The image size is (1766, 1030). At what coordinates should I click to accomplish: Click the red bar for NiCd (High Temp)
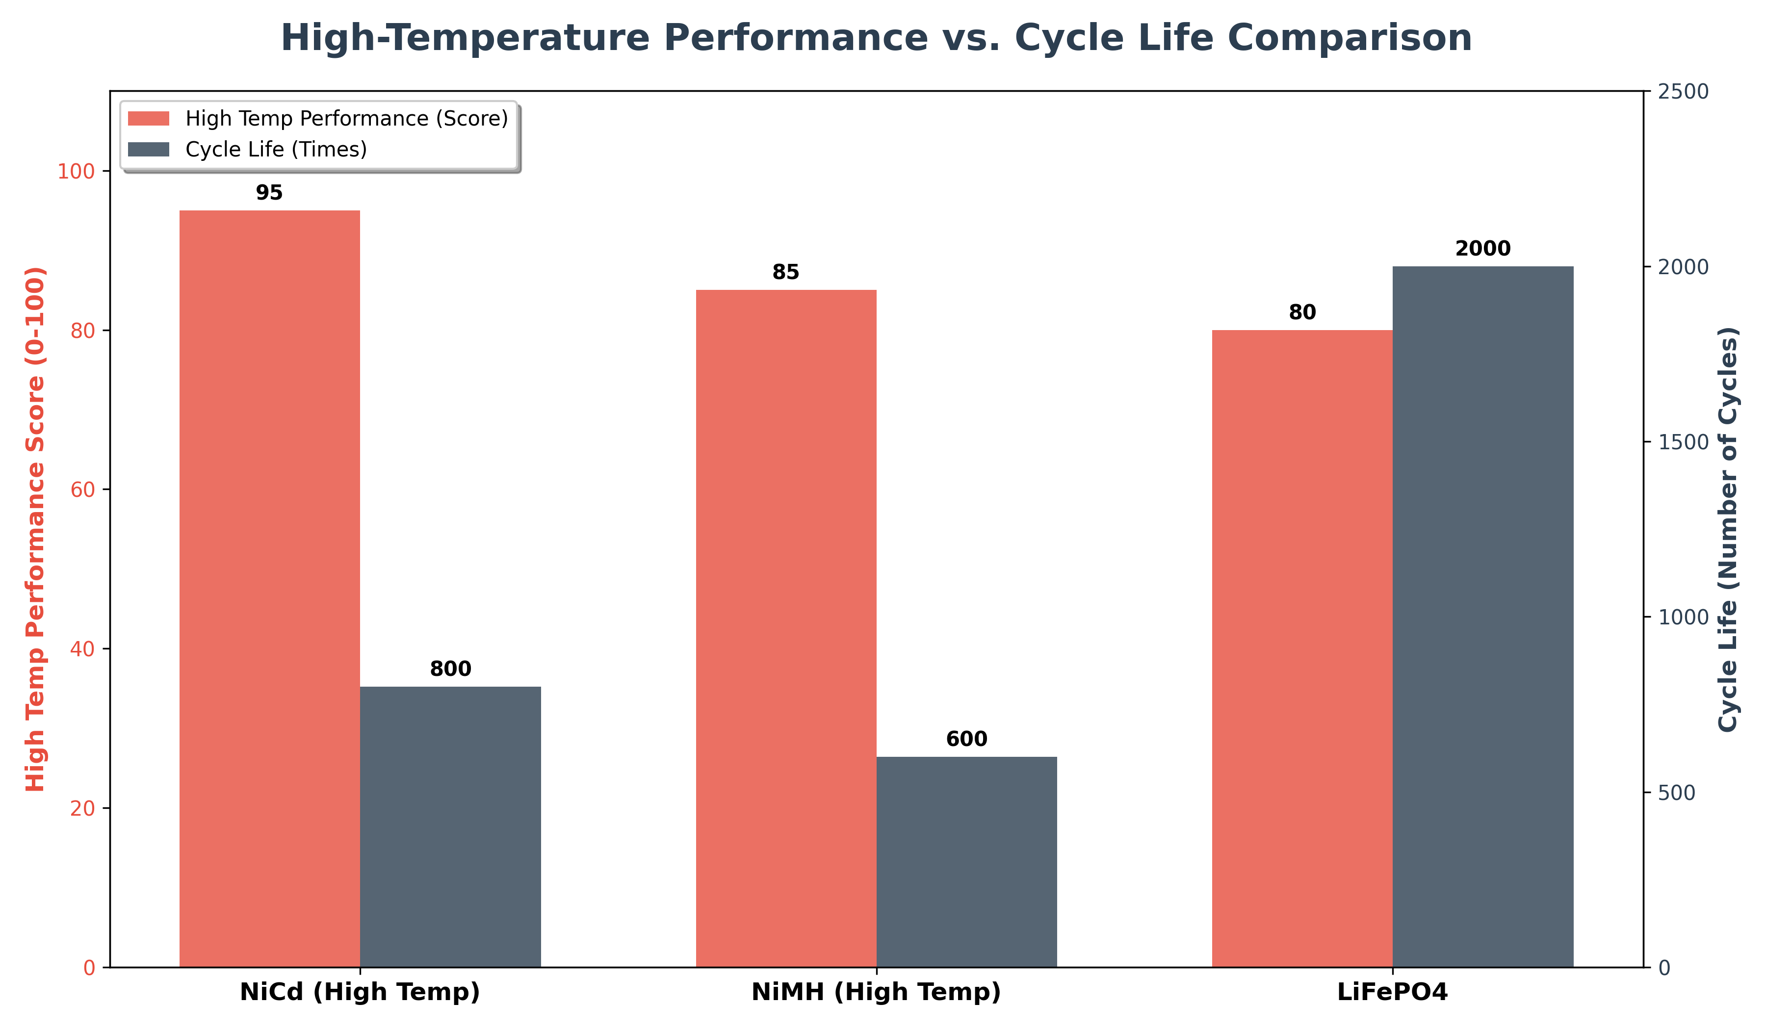click(x=270, y=589)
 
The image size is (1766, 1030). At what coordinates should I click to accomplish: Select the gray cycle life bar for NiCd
click(x=451, y=827)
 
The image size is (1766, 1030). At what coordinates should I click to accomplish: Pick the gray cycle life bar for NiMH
click(x=966, y=862)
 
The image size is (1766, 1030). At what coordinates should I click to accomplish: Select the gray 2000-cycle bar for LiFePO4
click(x=1483, y=617)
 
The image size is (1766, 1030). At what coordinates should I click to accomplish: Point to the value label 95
click(x=269, y=193)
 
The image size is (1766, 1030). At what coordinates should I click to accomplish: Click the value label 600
click(x=966, y=739)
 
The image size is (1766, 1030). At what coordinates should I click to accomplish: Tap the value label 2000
click(x=1483, y=248)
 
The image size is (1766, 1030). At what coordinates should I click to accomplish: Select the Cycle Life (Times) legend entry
click(x=276, y=149)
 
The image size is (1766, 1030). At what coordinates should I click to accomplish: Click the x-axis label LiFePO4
click(x=1392, y=992)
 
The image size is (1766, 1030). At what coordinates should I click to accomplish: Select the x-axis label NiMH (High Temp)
click(x=876, y=992)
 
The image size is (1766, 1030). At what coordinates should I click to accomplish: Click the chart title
click(x=876, y=38)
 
